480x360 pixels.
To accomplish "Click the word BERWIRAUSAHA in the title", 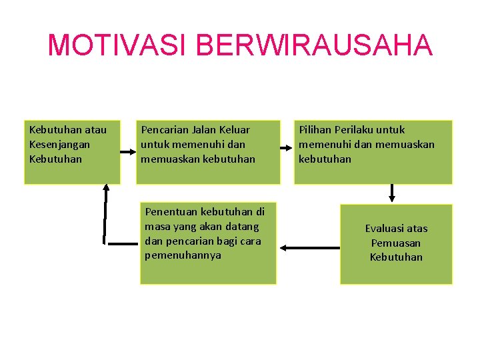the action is coord(315,45).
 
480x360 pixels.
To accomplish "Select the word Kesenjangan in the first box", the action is coord(59,144).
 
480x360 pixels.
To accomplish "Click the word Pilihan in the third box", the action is coord(315,129).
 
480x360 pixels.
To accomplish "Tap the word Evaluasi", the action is coord(387,228).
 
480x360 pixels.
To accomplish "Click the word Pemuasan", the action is coord(396,243).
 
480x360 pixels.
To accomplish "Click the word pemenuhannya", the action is coord(183,255).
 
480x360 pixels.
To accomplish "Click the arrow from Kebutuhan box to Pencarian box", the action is coord(127,152).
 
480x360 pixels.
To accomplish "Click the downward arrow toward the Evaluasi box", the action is coord(392,193).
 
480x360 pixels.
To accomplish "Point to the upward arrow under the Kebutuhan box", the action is coord(105,213).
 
